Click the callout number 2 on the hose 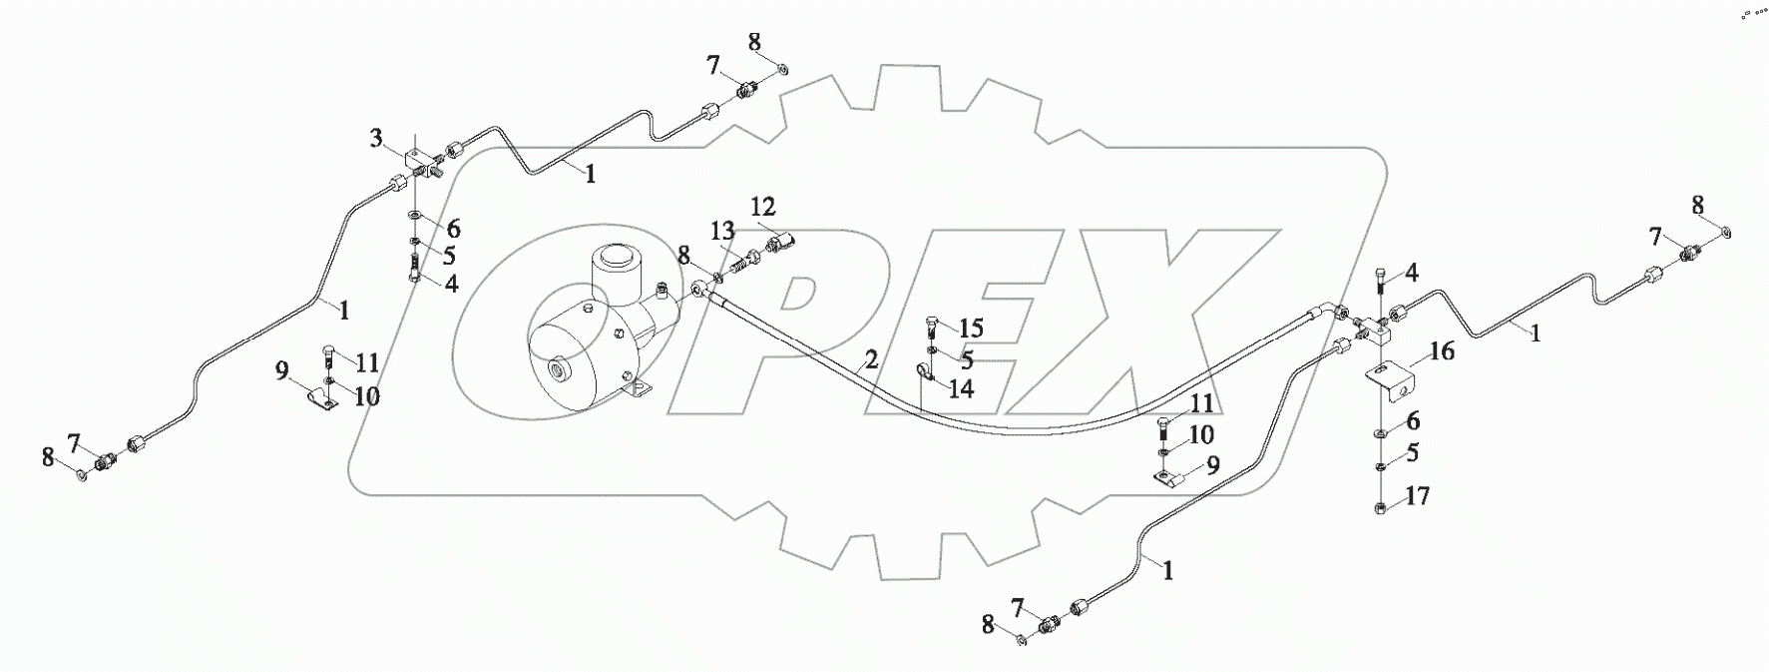pyautogui.click(x=871, y=360)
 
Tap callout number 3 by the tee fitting pyautogui.click(x=376, y=139)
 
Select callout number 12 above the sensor pyautogui.click(x=762, y=207)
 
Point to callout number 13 pyautogui.click(x=724, y=232)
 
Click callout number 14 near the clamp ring pyautogui.click(x=960, y=388)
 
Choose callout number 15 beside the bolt pyautogui.click(x=971, y=328)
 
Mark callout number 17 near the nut pyautogui.click(x=1418, y=494)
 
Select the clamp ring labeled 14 pyautogui.click(x=923, y=373)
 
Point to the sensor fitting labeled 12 pyautogui.click(x=780, y=243)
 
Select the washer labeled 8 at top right pyautogui.click(x=1727, y=233)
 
